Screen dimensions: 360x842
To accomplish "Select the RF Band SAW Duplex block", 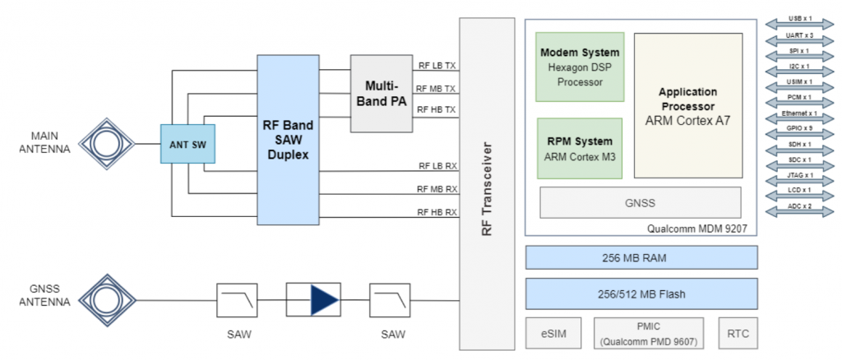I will click(x=288, y=140).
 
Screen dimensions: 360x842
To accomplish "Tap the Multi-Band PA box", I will click(x=381, y=93).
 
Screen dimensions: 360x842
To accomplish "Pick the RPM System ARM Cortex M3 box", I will click(x=579, y=148).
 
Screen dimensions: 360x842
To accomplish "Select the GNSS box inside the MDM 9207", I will click(x=641, y=202).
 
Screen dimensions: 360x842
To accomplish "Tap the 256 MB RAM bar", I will click(x=641, y=257).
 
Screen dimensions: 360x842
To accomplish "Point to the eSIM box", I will click(x=553, y=333).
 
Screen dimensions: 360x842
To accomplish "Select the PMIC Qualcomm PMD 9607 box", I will click(x=649, y=333).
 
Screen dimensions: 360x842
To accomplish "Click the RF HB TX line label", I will click(x=435, y=109).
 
